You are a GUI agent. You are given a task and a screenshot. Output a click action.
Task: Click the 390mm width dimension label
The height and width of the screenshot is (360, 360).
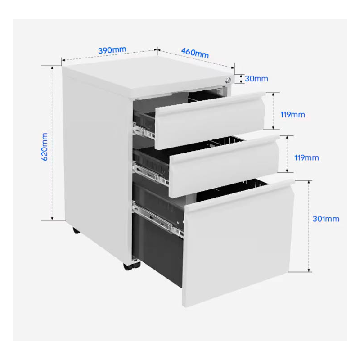[112, 50]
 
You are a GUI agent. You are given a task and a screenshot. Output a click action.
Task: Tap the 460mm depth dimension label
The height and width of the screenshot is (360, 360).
[195, 53]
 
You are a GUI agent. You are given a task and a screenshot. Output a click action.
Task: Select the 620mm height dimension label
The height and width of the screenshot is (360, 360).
[45, 147]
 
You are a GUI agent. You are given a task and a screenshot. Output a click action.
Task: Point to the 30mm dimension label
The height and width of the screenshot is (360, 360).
[256, 79]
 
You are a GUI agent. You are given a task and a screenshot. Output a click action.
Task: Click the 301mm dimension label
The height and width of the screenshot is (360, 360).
[326, 219]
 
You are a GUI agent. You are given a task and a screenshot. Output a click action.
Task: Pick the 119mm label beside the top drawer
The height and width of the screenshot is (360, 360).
[293, 115]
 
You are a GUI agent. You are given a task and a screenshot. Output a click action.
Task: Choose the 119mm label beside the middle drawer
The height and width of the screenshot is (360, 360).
[307, 158]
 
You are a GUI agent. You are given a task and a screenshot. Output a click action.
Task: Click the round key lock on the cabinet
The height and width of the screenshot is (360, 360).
[228, 80]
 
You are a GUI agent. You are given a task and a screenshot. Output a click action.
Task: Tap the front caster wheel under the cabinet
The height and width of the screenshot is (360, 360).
[132, 265]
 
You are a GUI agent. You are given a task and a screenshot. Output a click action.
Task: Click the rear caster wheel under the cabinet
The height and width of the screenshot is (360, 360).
[76, 230]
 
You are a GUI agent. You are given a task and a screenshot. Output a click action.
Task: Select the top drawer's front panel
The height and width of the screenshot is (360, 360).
[210, 121]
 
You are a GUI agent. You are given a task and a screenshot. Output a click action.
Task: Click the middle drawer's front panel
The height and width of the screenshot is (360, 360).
[225, 166]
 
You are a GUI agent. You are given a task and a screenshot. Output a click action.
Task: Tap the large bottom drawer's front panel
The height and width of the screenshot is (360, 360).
[239, 242]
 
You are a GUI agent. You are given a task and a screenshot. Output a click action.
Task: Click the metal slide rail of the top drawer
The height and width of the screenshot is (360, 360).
[144, 131]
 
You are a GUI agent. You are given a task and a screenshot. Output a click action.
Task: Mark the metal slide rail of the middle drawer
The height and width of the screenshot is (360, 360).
[151, 173]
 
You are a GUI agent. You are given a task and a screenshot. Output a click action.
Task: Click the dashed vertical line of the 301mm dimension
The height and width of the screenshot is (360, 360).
[309, 226]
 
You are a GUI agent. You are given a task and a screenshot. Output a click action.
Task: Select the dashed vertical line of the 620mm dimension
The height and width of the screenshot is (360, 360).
[52, 143]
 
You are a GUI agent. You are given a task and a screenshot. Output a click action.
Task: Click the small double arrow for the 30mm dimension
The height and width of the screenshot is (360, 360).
[241, 79]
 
